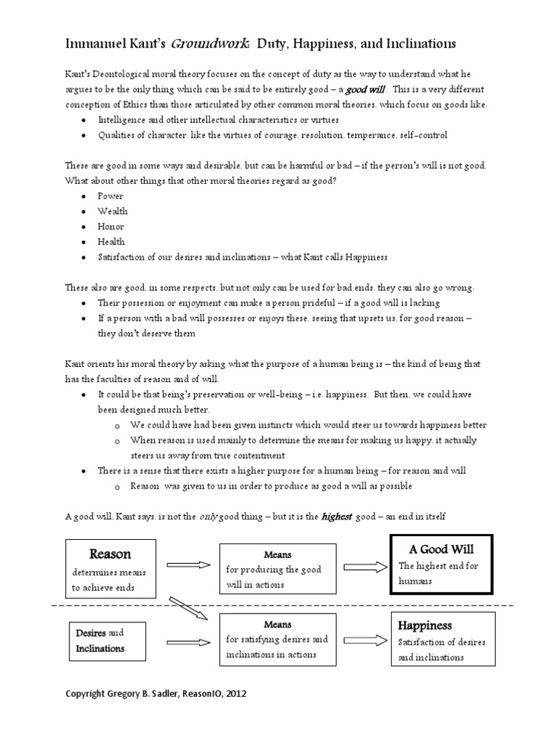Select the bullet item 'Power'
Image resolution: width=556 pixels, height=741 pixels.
(111, 196)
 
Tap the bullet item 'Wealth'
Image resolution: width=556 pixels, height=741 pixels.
(113, 211)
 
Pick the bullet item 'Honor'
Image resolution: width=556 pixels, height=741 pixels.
(111, 226)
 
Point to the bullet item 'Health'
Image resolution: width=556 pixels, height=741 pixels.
(111, 242)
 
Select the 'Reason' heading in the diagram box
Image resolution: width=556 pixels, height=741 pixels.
(110, 554)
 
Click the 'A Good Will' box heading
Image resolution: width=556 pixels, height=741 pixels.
(442, 549)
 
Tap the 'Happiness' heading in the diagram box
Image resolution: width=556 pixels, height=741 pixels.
(425, 625)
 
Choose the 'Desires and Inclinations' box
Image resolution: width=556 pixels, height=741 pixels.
(101, 640)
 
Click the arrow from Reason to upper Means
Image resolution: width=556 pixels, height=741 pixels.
(188, 564)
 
